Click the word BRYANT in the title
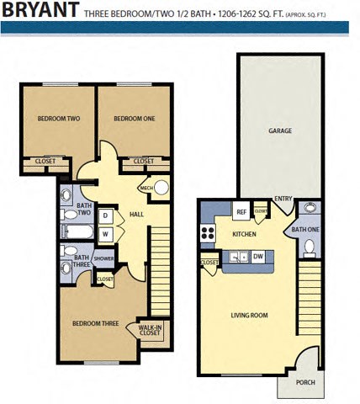40,11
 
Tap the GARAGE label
280,131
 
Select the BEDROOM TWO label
59,119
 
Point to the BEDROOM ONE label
135,119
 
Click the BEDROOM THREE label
93,322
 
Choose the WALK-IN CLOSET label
150,330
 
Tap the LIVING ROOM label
249,316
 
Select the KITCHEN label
244,233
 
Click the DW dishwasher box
258,256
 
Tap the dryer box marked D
106,216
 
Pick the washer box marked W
106,233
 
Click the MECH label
146,188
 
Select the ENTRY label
283,199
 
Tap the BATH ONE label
304,229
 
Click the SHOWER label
103,258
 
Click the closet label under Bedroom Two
45,161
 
